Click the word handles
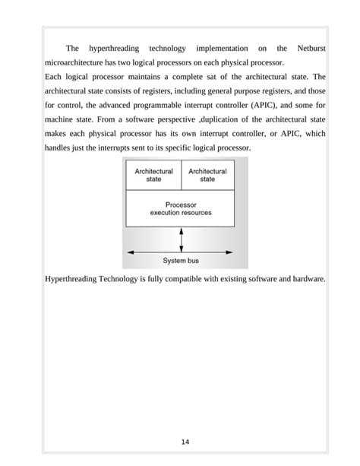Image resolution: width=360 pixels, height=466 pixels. tap(60, 147)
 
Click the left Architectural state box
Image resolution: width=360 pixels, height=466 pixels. tap(153, 175)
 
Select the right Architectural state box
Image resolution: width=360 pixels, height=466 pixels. tap(207, 175)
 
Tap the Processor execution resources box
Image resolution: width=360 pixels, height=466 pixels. tap(180, 208)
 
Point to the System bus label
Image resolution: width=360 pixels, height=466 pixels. tap(181, 261)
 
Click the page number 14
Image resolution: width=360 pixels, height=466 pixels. tap(185, 442)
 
